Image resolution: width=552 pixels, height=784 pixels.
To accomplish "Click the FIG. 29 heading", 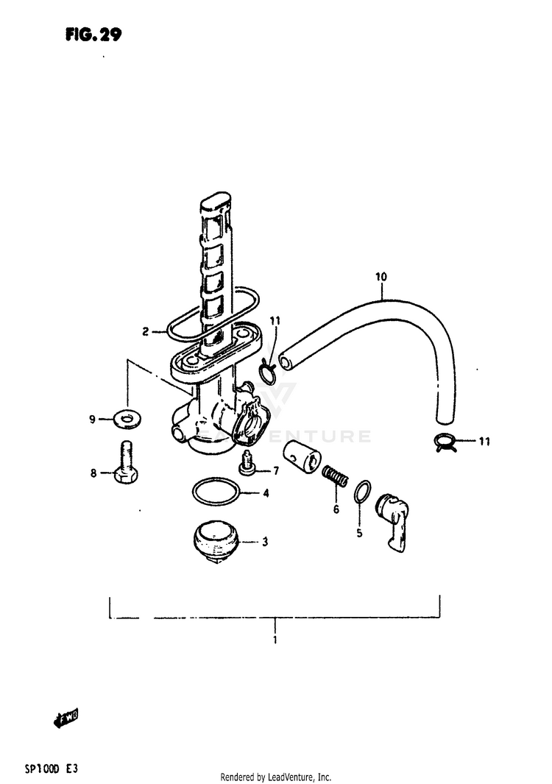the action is (x=92, y=34).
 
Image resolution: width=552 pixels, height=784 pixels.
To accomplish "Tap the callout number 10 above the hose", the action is (x=380, y=278).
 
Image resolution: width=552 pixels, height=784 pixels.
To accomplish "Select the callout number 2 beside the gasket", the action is (x=146, y=332).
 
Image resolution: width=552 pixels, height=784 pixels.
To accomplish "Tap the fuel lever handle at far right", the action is (x=393, y=519).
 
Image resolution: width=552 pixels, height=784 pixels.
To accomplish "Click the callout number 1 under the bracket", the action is (x=275, y=640).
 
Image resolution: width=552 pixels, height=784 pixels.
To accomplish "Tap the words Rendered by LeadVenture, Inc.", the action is (x=276, y=777).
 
